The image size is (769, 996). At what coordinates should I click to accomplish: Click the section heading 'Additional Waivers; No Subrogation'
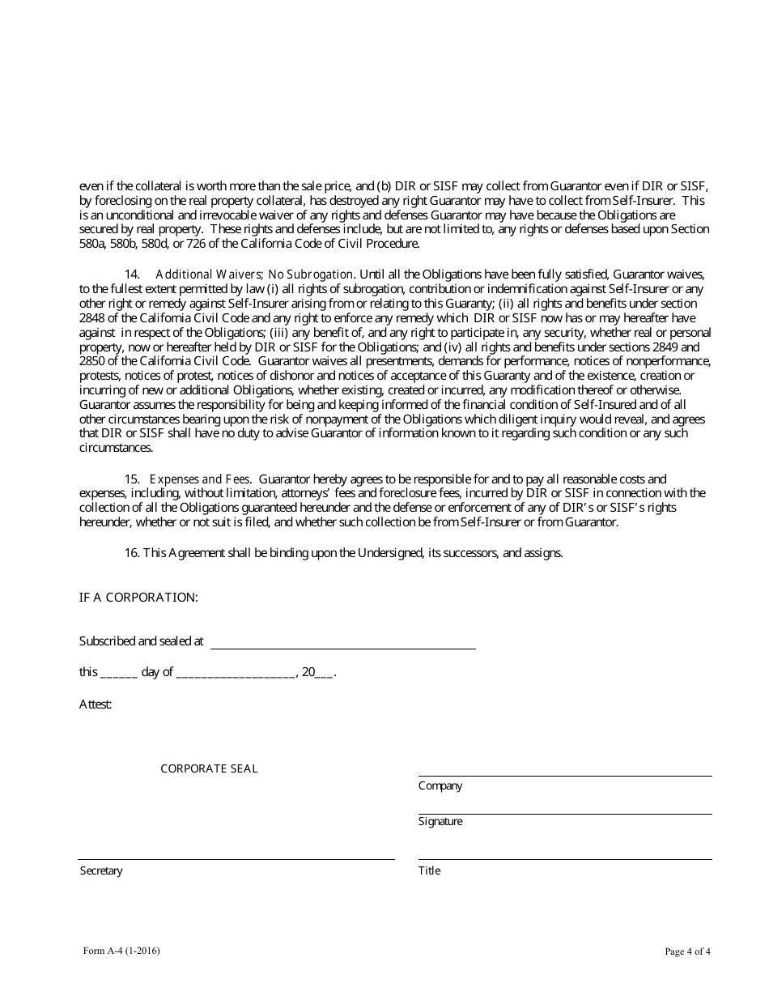(x=254, y=275)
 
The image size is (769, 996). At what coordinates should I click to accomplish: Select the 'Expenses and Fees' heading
(x=200, y=479)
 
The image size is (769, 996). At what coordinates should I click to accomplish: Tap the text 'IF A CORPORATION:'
(x=138, y=598)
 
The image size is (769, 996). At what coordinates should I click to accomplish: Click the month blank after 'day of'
(x=235, y=673)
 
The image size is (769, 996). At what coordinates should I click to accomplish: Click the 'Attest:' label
(x=96, y=704)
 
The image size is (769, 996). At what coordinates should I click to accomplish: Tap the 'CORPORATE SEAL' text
(x=209, y=768)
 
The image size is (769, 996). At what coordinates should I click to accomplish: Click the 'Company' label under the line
(x=440, y=786)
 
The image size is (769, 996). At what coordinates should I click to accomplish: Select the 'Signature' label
(x=440, y=822)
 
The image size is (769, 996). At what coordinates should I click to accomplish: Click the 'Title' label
(x=430, y=871)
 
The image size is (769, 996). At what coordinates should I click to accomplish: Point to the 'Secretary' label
(x=101, y=871)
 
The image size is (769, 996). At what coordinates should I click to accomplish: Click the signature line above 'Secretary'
(x=236, y=858)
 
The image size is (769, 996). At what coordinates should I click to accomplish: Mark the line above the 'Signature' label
(x=564, y=813)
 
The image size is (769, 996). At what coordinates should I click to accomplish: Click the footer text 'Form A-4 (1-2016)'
(x=121, y=951)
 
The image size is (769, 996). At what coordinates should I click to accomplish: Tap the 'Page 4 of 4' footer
(x=687, y=952)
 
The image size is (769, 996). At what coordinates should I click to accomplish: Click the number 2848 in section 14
(x=93, y=318)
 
